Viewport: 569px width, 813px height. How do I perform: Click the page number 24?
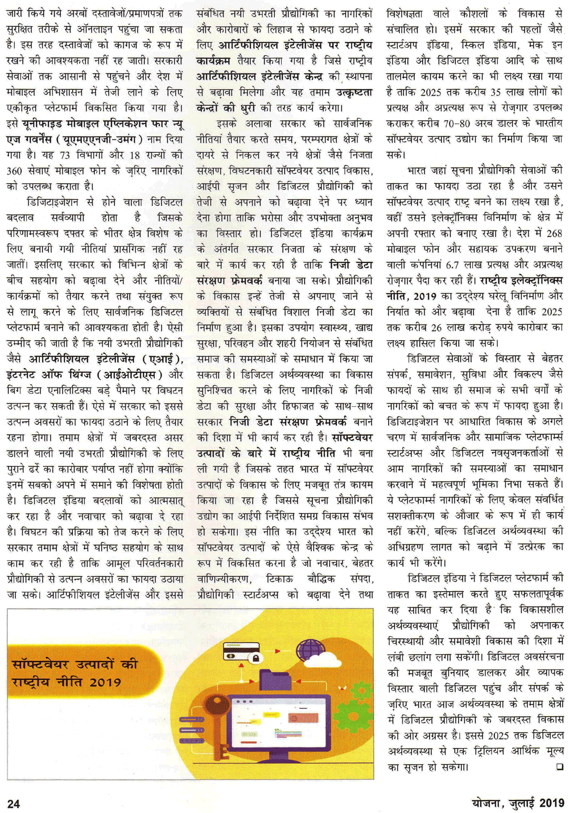click(13, 803)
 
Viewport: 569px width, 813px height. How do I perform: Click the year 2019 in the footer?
click(551, 802)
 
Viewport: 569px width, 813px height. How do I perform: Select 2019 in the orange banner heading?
click(105, 682)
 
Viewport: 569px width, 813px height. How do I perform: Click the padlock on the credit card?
click(256, 659)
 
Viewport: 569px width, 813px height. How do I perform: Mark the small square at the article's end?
click(559, 766)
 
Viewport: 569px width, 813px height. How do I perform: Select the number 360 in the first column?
click(14, 170)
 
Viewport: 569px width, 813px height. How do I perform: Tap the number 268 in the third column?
click(554, 233)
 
